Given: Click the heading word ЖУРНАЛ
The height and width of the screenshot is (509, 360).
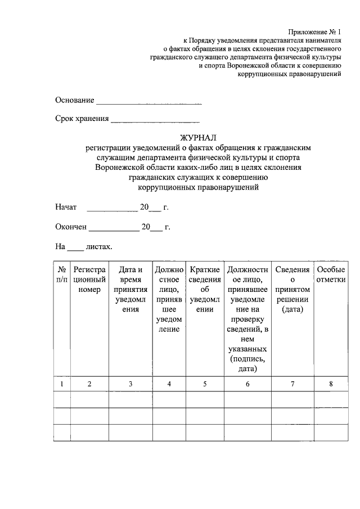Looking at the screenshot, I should click(x=197, y=137).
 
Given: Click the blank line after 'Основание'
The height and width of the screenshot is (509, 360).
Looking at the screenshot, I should click(x=149, y=102).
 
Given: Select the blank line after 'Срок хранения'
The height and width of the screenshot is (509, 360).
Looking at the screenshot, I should click(x=155, y=119).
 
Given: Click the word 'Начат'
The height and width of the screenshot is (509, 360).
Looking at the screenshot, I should click(x=66, y=207).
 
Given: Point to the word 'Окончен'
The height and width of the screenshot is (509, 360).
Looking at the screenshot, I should click(x=71, y=227).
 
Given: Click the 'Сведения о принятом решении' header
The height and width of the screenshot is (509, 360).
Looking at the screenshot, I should click(x=292, y=290).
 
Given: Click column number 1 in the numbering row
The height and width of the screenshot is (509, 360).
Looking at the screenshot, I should click(x=62, y=384).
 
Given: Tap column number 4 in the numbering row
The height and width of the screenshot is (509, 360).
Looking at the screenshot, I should click(x=169, y=384).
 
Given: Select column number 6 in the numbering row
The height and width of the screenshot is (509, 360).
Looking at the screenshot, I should click(x=247, y=384).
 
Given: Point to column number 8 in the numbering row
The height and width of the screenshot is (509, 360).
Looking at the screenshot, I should click(x=331, y=384).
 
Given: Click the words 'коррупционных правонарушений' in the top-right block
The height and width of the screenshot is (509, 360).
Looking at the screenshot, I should click(x=289, y=74).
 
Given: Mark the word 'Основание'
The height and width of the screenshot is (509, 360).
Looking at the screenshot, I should click(x=74, y=100).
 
